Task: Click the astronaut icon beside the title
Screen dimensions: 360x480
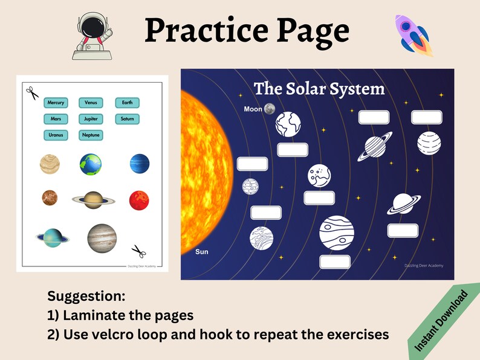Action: [94, 36]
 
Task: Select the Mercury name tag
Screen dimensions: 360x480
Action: [56, 103]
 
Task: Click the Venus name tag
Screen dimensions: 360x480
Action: [91, 103]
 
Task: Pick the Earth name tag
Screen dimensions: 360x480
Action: [127, 103]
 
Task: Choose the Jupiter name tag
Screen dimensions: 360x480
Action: [91, 119]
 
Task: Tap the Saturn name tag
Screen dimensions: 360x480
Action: [127, 119]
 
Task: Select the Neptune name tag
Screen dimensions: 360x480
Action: [91, 135]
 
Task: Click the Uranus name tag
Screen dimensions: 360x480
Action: [56, 135]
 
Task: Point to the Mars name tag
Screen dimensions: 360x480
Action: [56, 119]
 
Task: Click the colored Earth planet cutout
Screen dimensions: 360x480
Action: [91, 164]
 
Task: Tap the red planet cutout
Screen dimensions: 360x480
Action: [139, 200]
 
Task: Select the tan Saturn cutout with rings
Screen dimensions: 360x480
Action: [92, 200]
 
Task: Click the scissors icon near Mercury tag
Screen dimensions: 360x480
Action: [32, 92]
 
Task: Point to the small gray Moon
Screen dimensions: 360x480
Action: [270, 109]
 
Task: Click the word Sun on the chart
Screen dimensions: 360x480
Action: [201, 251]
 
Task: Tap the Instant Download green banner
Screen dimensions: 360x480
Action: [443, 321]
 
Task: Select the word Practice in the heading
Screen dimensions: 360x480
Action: [196, 31]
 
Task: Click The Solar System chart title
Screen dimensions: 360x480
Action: [319, 89]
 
